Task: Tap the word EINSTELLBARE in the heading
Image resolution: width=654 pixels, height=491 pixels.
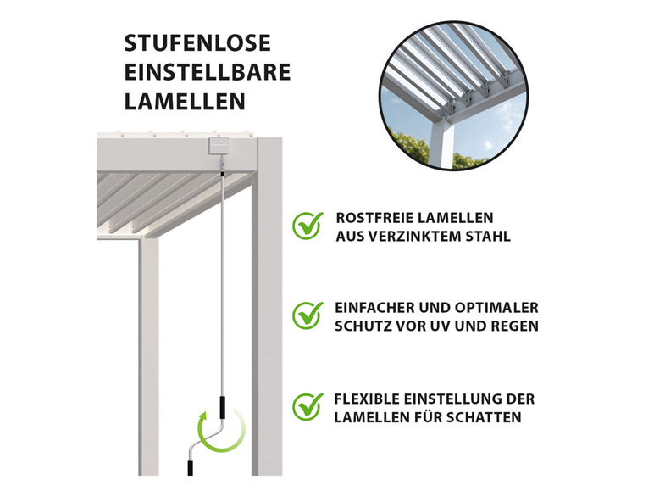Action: pyautogui.click(x=208, y=72)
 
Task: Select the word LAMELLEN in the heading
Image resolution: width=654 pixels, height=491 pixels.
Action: pyautogui.click(x=185, y=101)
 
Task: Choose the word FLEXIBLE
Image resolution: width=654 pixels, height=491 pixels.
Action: pyautogui.click(x=369, y=399)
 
